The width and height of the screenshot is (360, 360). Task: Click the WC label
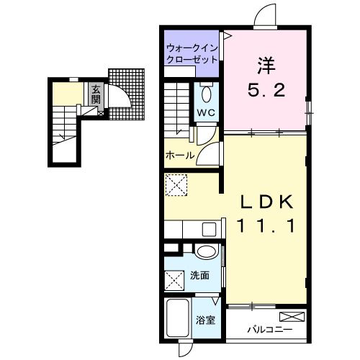[x=207, y=112]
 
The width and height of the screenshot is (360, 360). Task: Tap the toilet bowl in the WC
[x=207, y=94]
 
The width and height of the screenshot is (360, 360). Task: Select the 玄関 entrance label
[x=96, y=94]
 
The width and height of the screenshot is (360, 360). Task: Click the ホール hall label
[x=180, y=156]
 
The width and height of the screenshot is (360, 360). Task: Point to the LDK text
[x=266, y=202]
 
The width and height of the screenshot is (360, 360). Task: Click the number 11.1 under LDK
[x=266, y=227]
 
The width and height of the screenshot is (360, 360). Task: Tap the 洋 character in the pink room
[x=266, y=66]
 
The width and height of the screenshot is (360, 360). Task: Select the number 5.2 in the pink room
[x=266, y=90]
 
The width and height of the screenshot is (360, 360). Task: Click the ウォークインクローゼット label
[x=192, y=53]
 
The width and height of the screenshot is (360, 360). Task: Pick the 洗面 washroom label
[x=200, y=276]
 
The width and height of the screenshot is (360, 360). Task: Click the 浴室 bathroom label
[x=205, y=320]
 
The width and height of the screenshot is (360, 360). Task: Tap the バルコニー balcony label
[x=270, y=330]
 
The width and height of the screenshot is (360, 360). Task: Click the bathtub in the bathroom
[x=178, y=318]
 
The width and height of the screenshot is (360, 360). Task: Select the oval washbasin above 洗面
[x=207, y=251]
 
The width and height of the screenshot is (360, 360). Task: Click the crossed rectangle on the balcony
[x=292, y=317]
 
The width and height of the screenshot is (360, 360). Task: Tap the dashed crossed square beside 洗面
[x=174, y=281]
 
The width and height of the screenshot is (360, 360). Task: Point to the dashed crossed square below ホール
[x=176, y=185]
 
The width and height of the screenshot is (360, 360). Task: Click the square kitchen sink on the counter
[x=209, y=230]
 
